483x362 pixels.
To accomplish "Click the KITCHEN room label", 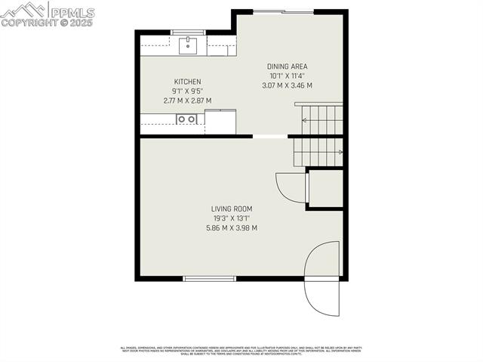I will pos(188,82).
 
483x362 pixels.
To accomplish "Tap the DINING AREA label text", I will pos(288,67).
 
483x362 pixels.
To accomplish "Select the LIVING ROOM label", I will pos(232,209).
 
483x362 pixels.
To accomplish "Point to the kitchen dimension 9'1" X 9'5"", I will pos(188,91).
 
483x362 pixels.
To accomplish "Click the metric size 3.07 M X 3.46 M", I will pos(287,85).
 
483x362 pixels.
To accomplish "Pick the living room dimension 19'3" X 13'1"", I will pos(232,218).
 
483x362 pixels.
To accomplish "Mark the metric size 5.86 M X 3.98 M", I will pos(232,227).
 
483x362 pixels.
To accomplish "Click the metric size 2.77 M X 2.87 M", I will pos(188,101).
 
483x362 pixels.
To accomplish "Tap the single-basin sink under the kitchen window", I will pos(188,46).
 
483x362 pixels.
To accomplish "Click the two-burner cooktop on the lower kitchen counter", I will pos(186,119).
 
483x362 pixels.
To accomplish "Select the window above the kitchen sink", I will pos(188,32).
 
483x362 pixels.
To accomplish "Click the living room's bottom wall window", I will pos(210,279).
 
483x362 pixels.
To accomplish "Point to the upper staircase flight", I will pos(318,119).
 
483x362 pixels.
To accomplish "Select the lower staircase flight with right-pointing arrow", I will pos(318,152).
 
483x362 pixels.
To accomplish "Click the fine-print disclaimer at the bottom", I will pos(241,350).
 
